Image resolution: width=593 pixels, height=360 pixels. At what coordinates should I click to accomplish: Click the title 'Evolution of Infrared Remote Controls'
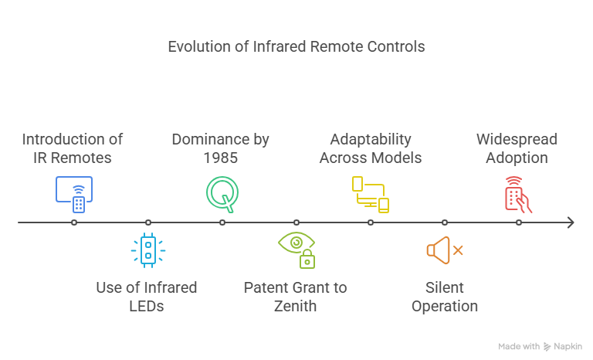click(x=296, y=46)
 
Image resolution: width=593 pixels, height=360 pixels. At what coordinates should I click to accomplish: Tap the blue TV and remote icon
click(x=74, y=194)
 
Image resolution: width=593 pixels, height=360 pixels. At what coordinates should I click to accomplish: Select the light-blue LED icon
click(x=148, y=250)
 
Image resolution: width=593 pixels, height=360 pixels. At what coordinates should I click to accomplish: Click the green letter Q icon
click(x=222, y=194)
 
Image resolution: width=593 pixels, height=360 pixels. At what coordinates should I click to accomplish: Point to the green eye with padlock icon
click(x=296, y=250)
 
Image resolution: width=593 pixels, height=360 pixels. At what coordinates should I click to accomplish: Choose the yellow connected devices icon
click(x=371, y=194)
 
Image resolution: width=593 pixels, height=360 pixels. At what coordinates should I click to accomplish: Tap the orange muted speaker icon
click(x=445, y=250)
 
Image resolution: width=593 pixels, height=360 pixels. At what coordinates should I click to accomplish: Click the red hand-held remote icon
click(x=519, y=194)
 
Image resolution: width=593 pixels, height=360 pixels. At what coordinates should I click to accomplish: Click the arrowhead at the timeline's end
click(x=571, y=222)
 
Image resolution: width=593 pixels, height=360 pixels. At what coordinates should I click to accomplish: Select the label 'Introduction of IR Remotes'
click(x=73, y=148)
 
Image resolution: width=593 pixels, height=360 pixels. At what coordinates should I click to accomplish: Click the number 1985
click(x=221, y=158)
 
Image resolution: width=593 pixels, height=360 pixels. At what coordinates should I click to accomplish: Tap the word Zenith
click(x=295, y=306)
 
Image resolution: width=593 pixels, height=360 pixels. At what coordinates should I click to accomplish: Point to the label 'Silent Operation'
click(x=445, y=297)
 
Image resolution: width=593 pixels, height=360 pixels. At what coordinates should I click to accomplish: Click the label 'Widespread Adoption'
click(x=517, y=148)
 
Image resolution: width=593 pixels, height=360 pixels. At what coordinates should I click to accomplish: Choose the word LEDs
click(x=147, y=306)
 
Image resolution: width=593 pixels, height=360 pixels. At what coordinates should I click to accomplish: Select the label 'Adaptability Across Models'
click(x=371, y=148)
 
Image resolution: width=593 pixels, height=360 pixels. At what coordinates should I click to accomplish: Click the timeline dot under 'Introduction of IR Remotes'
click(x=74, y=222)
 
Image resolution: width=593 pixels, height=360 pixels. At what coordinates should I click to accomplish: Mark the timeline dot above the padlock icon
click(x=296, y=222)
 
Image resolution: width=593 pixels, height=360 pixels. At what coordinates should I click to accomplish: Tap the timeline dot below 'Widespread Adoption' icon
click(x=519, y=222)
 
